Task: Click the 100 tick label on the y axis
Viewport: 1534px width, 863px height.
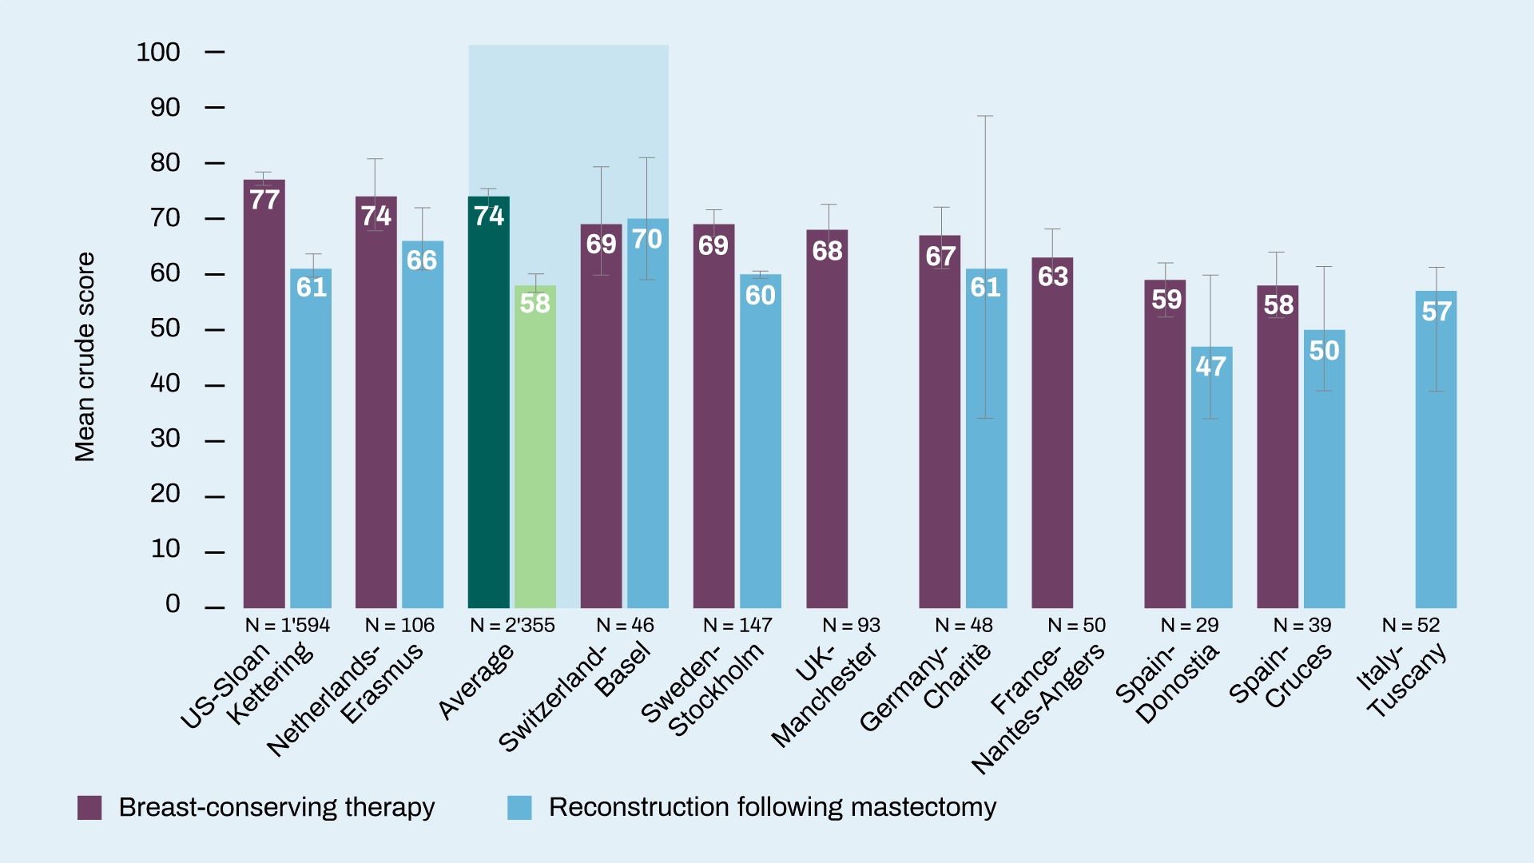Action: [x=158, y=53]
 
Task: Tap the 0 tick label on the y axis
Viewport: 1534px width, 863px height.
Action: [x=173, y=604]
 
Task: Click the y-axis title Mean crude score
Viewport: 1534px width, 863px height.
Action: [x=85, y=356]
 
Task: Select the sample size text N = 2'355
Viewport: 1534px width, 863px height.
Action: [x=512, y=626]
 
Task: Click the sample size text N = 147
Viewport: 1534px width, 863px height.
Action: [x=737, y=626]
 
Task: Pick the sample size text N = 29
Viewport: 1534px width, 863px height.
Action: [x=1190, y=626]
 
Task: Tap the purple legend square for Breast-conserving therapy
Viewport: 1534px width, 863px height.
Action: [x=89, y=808]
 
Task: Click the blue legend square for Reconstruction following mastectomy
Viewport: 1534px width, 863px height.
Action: [x=519, y=808]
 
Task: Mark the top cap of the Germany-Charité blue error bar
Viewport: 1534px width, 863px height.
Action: [x=985, y=116]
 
